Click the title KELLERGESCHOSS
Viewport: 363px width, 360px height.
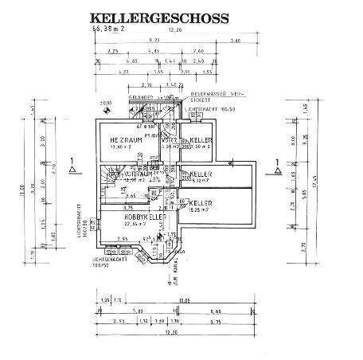pyautogui.click(x=158, y=17)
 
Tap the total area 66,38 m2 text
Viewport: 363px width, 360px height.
pyautogui.click(x=109, y=28)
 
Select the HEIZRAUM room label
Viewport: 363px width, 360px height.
pyautogui.click(x=125, y=139)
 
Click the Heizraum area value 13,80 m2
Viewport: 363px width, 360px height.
pyautogui.click(x=123, y=147)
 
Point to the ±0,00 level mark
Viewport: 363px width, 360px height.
pyautogui.click(x=104, y=103)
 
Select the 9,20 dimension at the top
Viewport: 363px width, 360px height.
pyautogui.click(x=154, y=40)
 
